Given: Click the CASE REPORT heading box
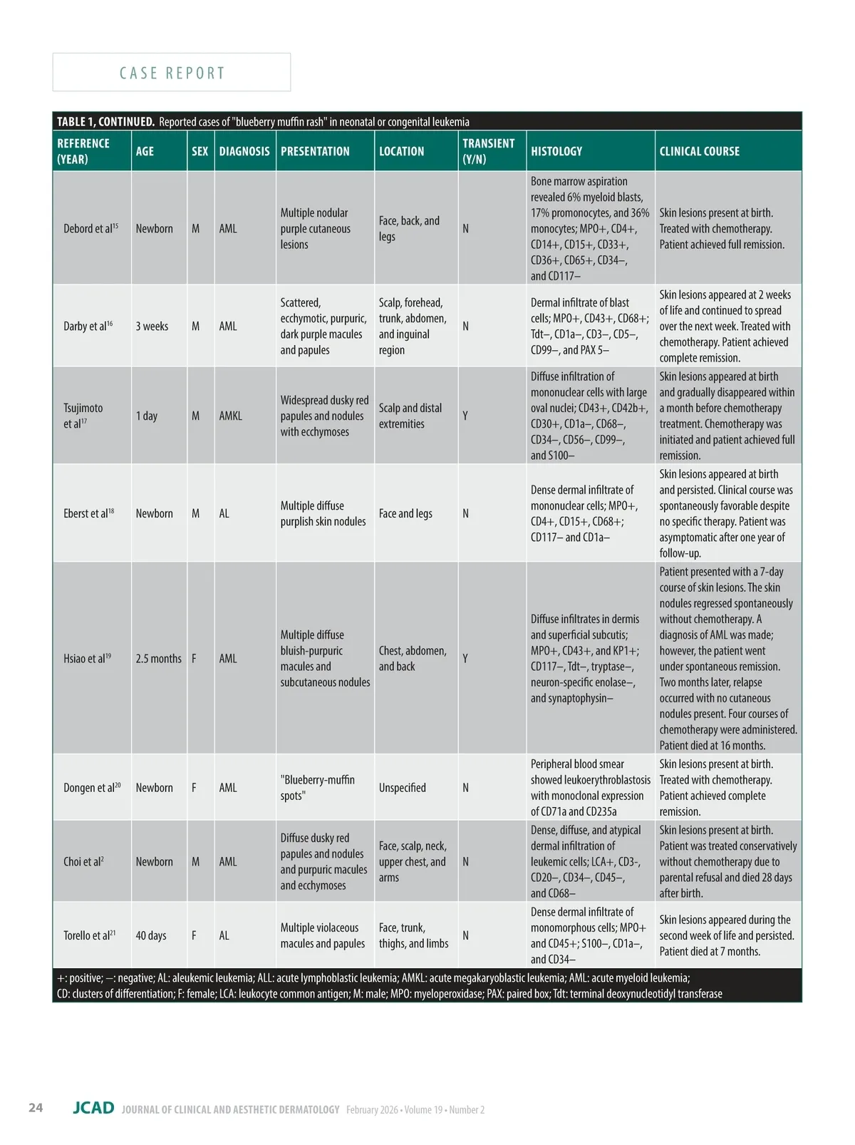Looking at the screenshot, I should [x=172, y=73].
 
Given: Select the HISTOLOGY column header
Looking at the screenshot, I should [x=556, y=151].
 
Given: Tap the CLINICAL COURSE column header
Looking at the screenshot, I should [x=699, y=151].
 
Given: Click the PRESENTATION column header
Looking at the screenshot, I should [x=315, y=151].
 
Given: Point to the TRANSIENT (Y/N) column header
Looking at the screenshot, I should [x=488, y=151].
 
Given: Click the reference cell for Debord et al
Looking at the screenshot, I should [x=90, y=229].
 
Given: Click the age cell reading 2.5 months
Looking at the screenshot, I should [x=158, y=659].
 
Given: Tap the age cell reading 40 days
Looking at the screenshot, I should [x=151, y=935].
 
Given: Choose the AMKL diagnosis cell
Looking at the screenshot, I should [x=231, y=416].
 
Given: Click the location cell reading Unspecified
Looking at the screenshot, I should [x=403, y=788].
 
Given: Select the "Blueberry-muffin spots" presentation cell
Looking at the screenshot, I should [x=318, y=788].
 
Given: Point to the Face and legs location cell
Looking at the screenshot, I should [x=405, y=513].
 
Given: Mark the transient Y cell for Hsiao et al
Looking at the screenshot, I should [x=465, y=659].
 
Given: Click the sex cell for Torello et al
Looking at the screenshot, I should [x=194, y=935].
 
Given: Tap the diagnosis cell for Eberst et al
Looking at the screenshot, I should [x=224, y=513].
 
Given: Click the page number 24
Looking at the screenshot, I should [x=36, y=1107].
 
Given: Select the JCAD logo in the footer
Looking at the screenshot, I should [x=93, y=1108].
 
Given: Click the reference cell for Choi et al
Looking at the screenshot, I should [x=83, y=862].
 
